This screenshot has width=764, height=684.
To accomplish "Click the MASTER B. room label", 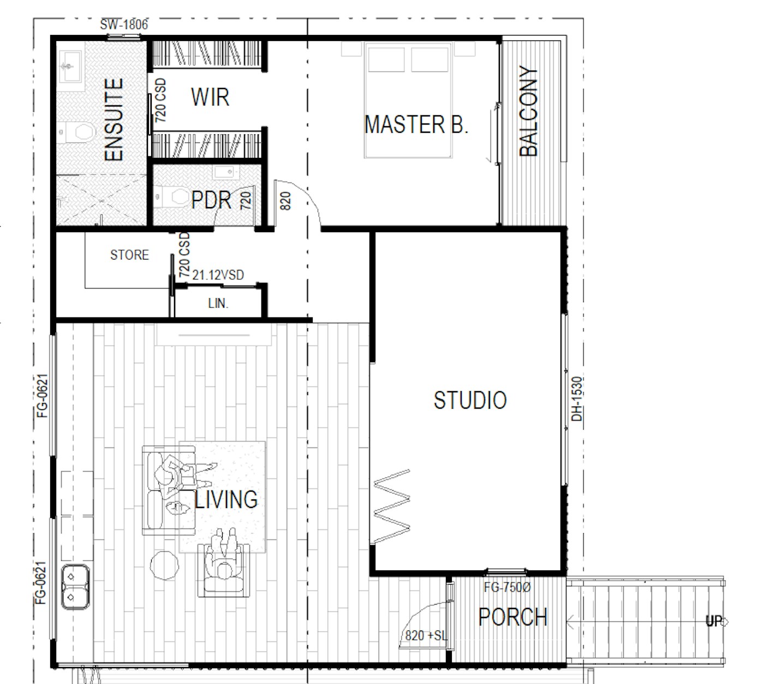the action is (x=416, y=125).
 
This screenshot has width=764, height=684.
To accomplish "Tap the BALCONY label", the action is (x=528, y=111).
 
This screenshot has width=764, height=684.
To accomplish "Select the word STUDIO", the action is (x=470, y=400).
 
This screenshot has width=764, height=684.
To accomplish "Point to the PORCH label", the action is (x=513, y=617).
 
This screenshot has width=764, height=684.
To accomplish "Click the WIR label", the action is (x=210, y=97).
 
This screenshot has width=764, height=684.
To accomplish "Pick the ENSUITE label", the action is (x=114, y=120).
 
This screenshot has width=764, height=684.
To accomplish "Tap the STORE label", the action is (x=129, y=255).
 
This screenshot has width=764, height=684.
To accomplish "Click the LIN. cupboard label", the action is (x=218, y=303).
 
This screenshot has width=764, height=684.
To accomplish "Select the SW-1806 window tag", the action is (x=124, y=25).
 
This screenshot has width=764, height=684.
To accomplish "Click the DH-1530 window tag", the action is (x=577, y=399).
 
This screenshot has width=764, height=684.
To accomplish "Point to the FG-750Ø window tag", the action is (x=507, y=587).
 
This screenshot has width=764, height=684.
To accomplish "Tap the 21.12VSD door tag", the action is (x=218, y=275).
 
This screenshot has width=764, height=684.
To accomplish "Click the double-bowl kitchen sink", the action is (x=75, y=587).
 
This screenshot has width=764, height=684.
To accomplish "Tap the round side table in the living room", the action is (x=164, y=565).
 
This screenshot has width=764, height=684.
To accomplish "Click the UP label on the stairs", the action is (x=714, y=621).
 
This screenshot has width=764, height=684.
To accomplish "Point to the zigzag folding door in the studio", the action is (x=392, y=506).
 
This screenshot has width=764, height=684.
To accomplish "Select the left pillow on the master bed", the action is (x=386, y=59).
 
